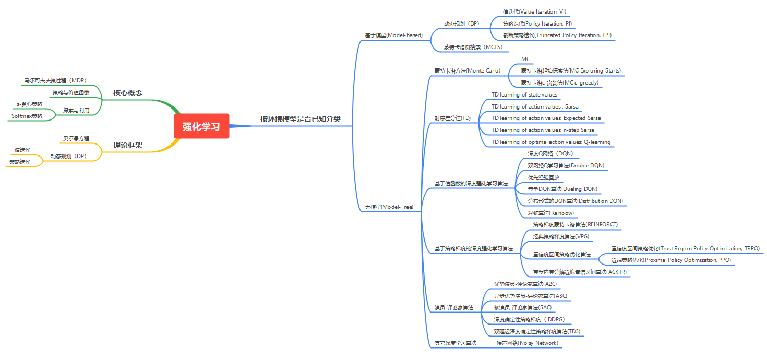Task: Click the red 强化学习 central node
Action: (201, 126)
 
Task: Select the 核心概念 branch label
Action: (128, 93)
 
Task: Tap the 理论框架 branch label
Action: (128, 145)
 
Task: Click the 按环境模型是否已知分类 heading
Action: (300, 119)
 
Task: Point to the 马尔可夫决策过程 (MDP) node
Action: (55, 81)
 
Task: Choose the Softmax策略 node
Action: (27, 116)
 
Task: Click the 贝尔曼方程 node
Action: (76, 138)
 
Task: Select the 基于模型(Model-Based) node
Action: (393, 35)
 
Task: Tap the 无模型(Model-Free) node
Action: (389, 207)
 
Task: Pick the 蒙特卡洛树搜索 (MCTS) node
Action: (473, 47)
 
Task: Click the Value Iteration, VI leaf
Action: (534, 11)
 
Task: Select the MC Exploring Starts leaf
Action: (571, 70)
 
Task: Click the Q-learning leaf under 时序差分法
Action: (550, 142)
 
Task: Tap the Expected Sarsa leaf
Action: (546, 118)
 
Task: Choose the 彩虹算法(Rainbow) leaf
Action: (550, 213)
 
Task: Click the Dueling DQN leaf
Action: (562, 189)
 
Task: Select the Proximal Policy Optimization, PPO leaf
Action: (671, 260)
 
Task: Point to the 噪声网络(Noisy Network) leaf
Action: (527, 343)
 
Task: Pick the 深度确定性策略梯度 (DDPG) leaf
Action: (529, 319)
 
